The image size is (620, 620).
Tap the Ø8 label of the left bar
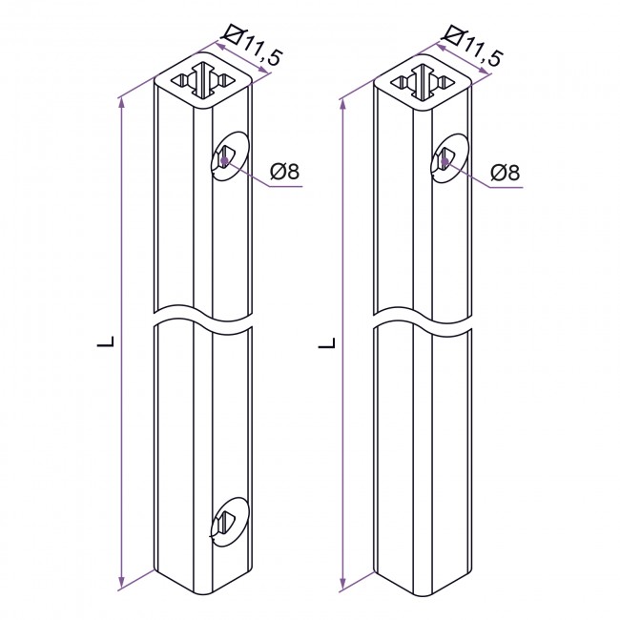284,172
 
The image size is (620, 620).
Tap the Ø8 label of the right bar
505,173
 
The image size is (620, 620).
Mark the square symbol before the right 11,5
451,36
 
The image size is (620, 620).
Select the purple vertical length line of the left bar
122,343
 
